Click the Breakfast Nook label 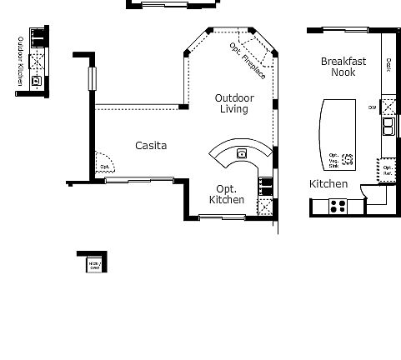point(343,67)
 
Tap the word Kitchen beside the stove point(328,183)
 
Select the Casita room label point(151,145)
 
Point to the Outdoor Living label point(234,103)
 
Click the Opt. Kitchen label point(227,194)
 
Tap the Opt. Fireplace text point(248,60)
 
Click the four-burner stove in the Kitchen point(338,204)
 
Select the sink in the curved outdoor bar point(242,152)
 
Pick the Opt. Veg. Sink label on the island point(334,160)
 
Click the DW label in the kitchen point(372,107)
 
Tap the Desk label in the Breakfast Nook point(388,63)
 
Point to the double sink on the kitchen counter point(388,127)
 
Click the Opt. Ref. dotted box point(387,170)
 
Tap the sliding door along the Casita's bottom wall point(139,178)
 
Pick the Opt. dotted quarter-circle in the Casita point(104,162)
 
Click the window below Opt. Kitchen point(223,217)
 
